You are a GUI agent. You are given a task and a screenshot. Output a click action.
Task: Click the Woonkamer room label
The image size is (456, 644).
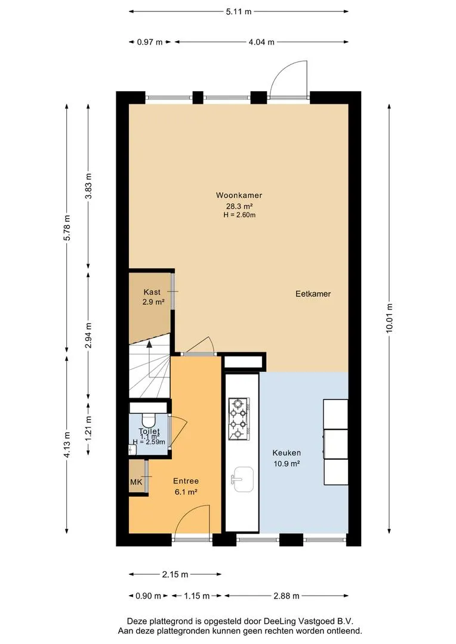pos(239,195)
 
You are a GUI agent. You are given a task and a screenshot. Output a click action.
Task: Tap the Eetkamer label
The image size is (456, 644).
pos(313,293)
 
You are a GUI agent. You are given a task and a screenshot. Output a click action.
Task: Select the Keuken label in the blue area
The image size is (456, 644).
pos(286,453)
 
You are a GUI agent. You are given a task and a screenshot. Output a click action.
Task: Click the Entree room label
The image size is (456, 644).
pos(186,481)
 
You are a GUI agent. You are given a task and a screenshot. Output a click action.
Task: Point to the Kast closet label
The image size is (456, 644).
pos(152,292)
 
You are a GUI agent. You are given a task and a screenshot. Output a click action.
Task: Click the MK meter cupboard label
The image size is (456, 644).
pos(136,482)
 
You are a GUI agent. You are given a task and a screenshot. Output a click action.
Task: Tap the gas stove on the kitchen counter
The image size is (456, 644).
pos(239,418)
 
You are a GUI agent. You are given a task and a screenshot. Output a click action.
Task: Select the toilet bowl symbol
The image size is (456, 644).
pos(148,420)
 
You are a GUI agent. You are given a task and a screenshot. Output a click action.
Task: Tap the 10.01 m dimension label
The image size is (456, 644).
pos(389,318)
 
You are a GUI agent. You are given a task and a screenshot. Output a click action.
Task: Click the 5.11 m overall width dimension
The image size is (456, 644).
pos(239,11)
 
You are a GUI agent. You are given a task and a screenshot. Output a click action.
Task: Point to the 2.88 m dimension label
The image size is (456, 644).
pos(286,596)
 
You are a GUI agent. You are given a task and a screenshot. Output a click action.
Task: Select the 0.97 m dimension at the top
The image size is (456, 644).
pos(150,42)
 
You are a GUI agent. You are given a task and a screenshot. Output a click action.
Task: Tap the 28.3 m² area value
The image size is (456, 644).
pos(239,206)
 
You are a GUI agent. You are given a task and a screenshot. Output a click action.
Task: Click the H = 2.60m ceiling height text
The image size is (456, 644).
pos(239,215)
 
